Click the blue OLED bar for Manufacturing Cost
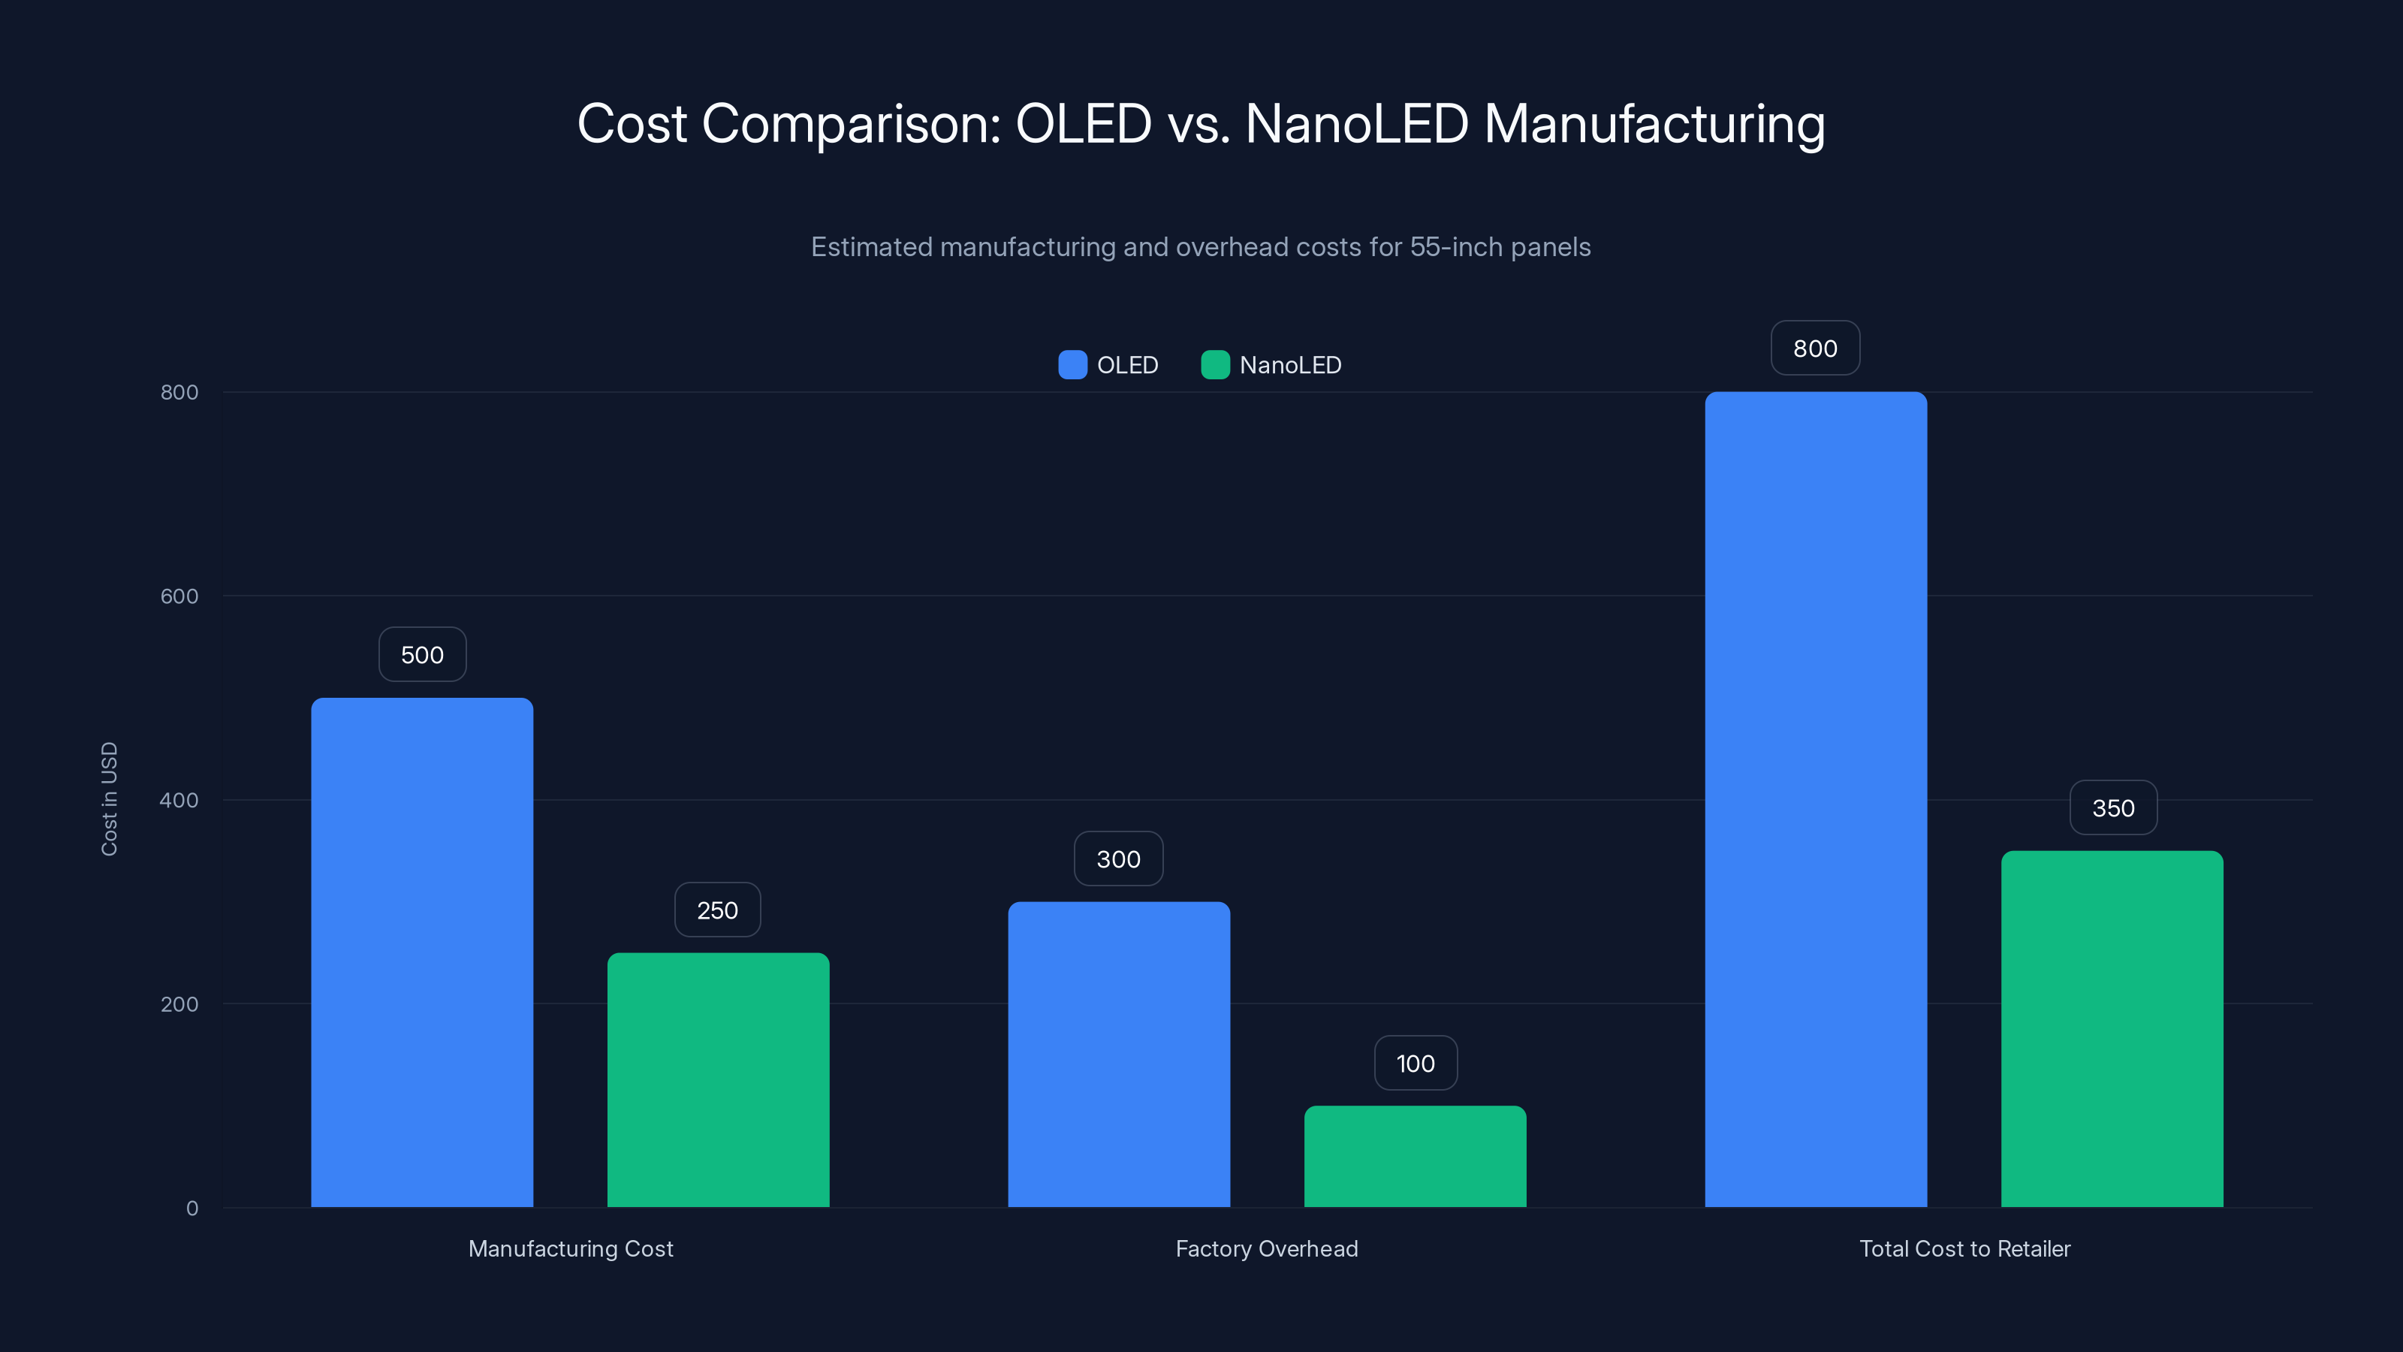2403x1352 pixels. (x=421, y=952)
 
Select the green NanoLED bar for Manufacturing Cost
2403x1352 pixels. (x=719, y=1079)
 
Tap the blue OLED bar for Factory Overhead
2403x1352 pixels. (x=1118, y=1055)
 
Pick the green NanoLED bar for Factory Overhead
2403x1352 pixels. (x=1415, y=1156)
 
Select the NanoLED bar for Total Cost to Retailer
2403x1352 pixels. (x=2112, y=1028)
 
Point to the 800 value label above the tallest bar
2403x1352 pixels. (x=1815, y=348)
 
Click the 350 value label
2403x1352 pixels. (x=2113, y=808)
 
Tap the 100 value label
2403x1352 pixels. (x=1415, y=1063)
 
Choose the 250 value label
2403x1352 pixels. (x=717, y=910)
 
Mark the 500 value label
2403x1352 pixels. (x=421, y=655)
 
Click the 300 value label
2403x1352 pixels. (x=1118, y=859)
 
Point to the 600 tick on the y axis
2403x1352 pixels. (x=179, y=596)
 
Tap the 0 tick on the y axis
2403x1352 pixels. (x=192, y=1209)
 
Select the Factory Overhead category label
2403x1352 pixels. (x=1267, y=1248)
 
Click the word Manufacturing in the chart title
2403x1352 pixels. (x=1654, y=124)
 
